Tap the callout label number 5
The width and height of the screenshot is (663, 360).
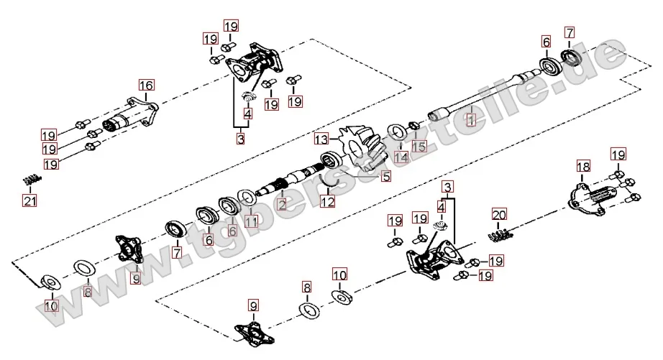click(x=385, y=175)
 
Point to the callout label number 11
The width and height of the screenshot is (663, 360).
click(x=250, y=221)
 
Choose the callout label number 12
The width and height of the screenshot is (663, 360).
click(x=327, y=203)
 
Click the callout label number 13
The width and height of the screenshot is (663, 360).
click(x=320, y=137)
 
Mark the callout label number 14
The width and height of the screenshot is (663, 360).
click(x=401, y=156)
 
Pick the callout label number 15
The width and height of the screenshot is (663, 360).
click(x=419, y=146)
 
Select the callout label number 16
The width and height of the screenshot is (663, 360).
click(x=146, y=86)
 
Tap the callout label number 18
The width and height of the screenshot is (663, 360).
click(x=583, y=167)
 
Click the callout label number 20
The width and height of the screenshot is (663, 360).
click(x=500, y=213)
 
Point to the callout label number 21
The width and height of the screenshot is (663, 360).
click(x=29, y=200)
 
